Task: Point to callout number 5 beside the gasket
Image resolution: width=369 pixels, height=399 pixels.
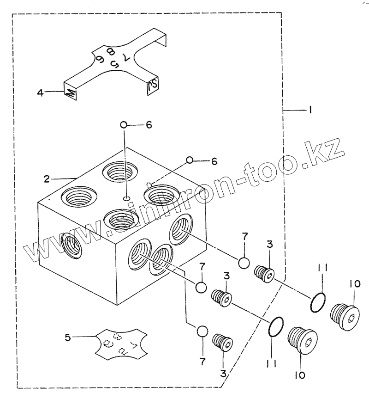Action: pyautogui.click(x=68, y=338)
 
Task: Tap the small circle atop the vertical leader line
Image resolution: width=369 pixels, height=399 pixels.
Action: pyautogui.click(x=124, y=125)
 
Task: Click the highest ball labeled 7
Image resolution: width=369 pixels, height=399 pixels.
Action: pyautogui.click(x=244, y=263)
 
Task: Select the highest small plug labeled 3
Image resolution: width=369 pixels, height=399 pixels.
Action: pyautogui.click(x=264, y=273)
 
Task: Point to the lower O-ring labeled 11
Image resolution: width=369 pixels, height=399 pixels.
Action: pyautogui.click(x=276, y=327)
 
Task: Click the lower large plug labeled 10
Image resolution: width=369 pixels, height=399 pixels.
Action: pyautogui.click(x=302, y=341)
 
